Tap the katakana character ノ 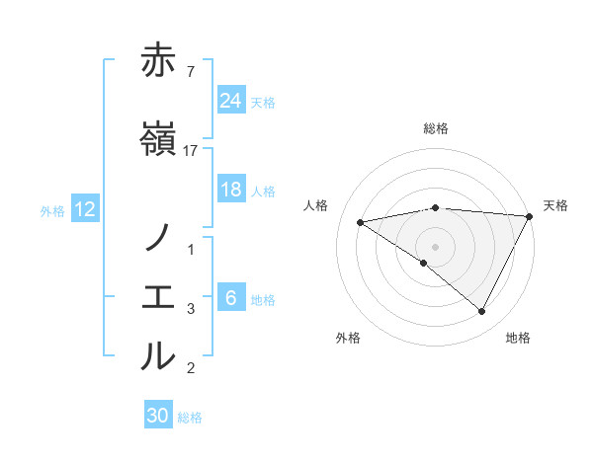pyautogui.click(x=158, y=238)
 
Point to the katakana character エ pyautogui.click(x=158, y=297)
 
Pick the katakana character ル pyautogui.click(x=158, y=356)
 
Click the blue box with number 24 pyautogui.click(x=230, y=101)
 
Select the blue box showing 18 pyautogui.click(x=230, y=190)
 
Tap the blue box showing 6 pyautogui.click(x=230, y=298)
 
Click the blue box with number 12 pyautogui.click(x=84, y=209)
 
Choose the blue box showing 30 pyautogui.click(x=158, y=416)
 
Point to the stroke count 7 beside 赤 pyautogui.click(x=191, y=71)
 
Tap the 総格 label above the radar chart pyautogui.click(x=436, y=128)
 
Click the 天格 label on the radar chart pyautogui.click(x=555, y=205)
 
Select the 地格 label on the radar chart pyautogui.click(x=518, y=338)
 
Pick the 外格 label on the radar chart pyautogui.click(x=348, y=338)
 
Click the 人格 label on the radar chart pyautogui.click(x=316, y=205)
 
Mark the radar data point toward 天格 pyautogui.click(x=530, y=216)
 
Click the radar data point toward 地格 pyautogui.click(x=482, y=311)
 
